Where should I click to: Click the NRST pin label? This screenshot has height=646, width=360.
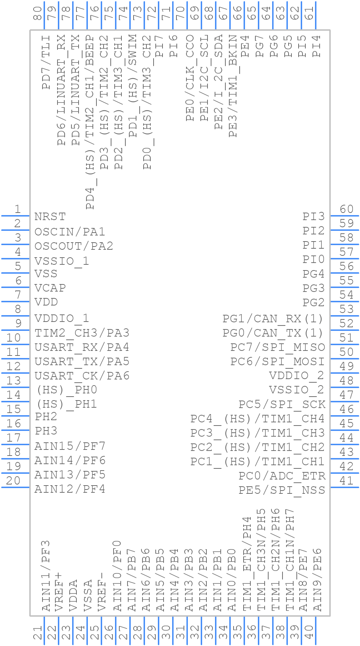pos(50,217)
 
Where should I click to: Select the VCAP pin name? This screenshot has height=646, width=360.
pos(50,288)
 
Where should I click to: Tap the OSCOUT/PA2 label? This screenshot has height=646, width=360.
pos(74,246)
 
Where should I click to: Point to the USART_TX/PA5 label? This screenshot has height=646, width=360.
pos(82,362)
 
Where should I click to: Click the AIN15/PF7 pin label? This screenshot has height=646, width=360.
pos(70,446)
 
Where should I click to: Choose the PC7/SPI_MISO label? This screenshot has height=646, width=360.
pos(277,347)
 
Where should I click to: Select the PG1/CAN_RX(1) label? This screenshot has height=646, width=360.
pos(273,318)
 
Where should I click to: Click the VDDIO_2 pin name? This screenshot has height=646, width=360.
pos(296,376)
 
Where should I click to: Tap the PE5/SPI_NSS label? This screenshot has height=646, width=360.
pos(282,490)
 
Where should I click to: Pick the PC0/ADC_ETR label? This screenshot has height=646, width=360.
pos(282,476)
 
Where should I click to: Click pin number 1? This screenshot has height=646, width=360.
pos(17,209)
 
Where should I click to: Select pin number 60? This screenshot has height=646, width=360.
pos(346,209)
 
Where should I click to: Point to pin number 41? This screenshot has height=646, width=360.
pos(346,481)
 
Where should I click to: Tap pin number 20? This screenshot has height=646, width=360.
pos(13,481)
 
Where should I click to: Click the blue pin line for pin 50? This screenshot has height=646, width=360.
pos(345,359)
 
